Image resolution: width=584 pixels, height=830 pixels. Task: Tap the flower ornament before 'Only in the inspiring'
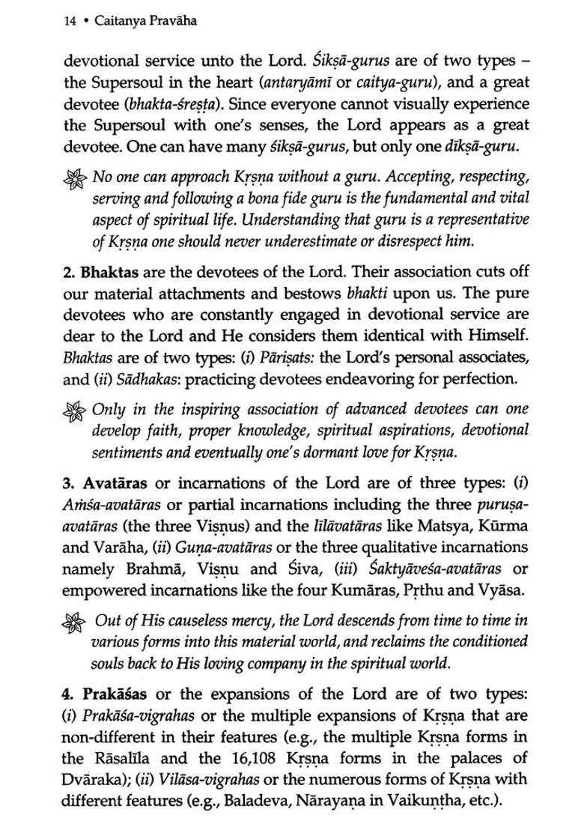point(77,410)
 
